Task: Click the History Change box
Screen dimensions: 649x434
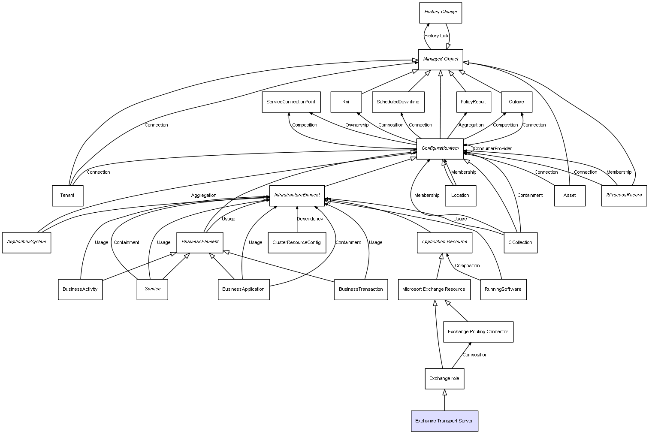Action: [x=441, y=13]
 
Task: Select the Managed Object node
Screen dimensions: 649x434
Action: [x=441, y=60]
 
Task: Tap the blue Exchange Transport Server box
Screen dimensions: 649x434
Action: [x=444, y=421]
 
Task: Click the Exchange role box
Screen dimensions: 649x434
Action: [x=444, y=379]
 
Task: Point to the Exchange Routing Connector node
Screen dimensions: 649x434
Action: [x=478, y=332]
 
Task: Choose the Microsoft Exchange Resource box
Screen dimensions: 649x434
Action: [x=434, y=289]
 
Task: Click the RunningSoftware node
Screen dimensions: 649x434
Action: [x=503, y=289]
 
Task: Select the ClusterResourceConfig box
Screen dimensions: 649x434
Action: [x=297, y=242]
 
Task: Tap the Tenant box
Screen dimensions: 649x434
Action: [x=67, y=196]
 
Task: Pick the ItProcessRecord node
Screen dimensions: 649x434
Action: [x=624, y=196]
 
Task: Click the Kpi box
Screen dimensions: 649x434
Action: [x=346, y=102]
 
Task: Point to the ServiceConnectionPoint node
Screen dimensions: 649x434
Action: [x=291, y=102]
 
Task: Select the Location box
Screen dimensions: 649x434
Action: [x=460, y=196]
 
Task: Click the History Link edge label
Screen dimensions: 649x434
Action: [x=436, y=36]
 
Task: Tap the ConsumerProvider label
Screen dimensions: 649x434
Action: [x=492, y=148]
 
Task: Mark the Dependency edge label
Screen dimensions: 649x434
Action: [x=310, y=219]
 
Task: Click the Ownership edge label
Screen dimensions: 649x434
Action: [x=356, y=125]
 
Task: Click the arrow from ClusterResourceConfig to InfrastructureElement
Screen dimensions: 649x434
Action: [x=297, y=219]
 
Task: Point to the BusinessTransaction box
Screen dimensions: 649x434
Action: [x=361, y=289]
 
